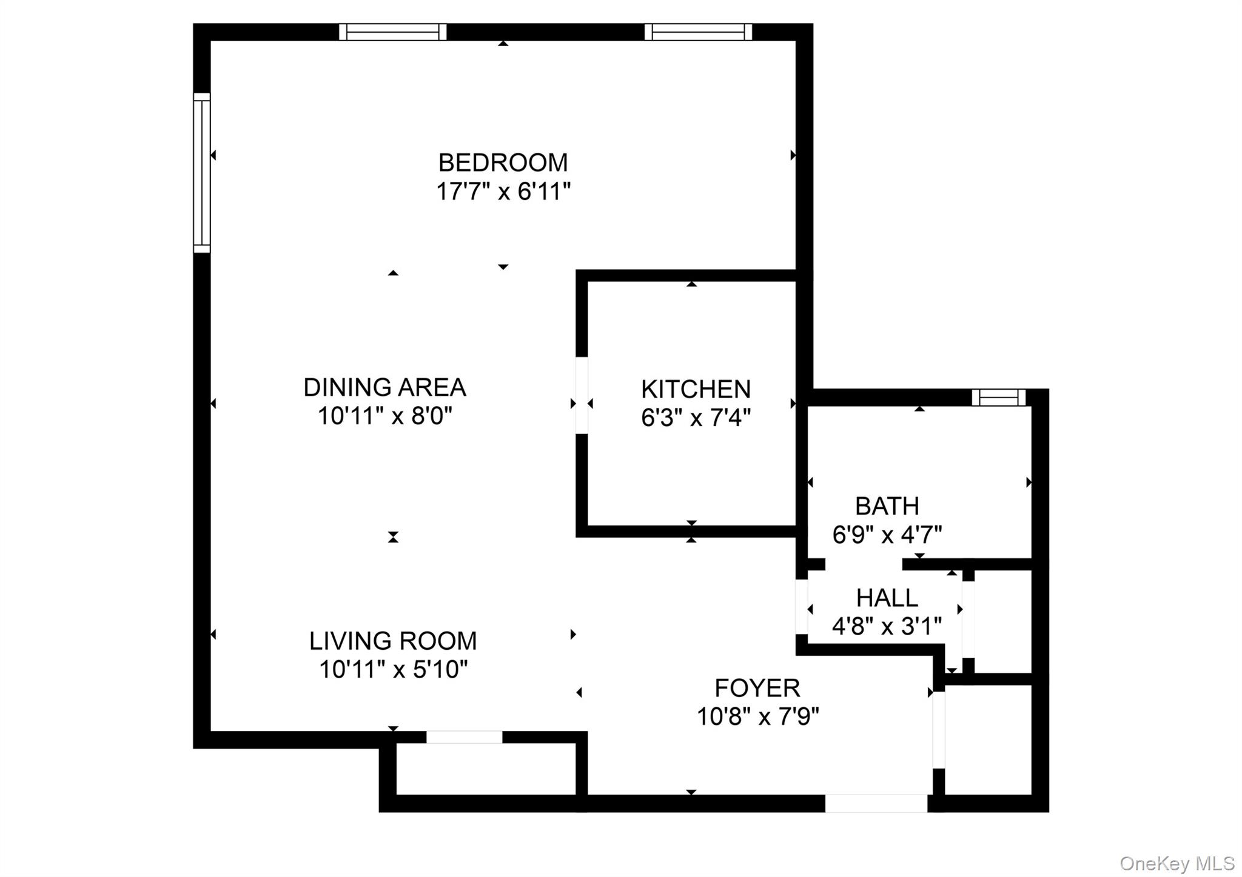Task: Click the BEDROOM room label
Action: pos(503,162)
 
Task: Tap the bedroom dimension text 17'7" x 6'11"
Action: pos(503,192)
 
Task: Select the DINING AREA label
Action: pos(384,387)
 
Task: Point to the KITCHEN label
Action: pos(696,389)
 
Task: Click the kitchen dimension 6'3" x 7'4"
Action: pos(696,418)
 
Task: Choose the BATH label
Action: pos(887,506)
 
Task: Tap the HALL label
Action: pos(887,598)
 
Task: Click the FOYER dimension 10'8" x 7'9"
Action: pos(757,718)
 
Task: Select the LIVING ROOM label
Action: pos(393,641)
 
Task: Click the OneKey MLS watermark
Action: pos(1177,863)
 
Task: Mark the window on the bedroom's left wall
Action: pos(202,173)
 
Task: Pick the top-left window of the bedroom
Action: pos(392,32)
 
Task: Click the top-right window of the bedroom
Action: pos(698,32)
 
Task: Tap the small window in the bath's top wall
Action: pos(998,398)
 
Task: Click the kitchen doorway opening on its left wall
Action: pos(582,395)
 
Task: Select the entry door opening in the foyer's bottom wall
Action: pos(876,804)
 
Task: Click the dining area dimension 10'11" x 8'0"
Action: pos(384,417)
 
